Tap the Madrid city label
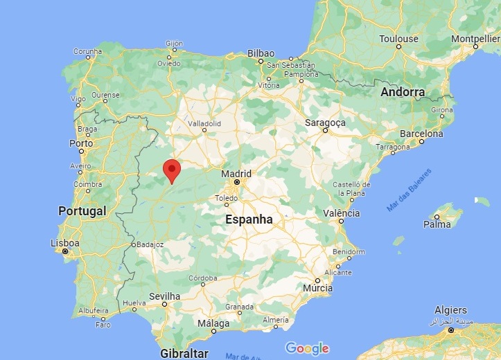pyautogui.click(x=236, y=173)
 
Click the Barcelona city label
pyautogui.click(x=420, y=134)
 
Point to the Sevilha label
pyautogui.click(x=165, y=296)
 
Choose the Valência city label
pyautogui.click(x=340, y=213)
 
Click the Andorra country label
pyautogui.click(x=403, y=91)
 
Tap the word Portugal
pyautogui.click(x=82, y=210)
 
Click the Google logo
pyautogui.click(x=307, y=348)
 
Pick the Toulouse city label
pyautogui.click(x=399, y=39)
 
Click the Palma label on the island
pyautogui.click(x=437, y=224)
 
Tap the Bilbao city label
pyautogui.click(x=261, y=53)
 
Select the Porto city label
pyautogui.click(x=81, y=143)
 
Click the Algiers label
pyautogui.click(x=450, y=310)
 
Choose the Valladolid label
pyautogui.click(x=204, y=123)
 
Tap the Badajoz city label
pyautogui.click(x=149, y=244)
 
